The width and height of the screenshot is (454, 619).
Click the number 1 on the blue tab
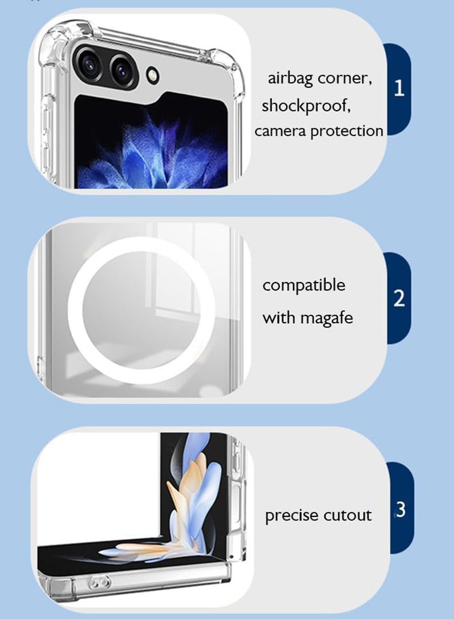tap(400, 88)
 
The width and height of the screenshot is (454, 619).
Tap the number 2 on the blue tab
tap(399, 298)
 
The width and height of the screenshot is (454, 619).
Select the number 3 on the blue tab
tap(400, 509)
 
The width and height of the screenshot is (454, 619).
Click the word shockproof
tap(306, 106)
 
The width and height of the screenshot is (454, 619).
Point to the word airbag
tap(291, 79)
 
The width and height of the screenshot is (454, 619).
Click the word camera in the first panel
tap(280, 131)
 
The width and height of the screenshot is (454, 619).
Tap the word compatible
tap(304, 285)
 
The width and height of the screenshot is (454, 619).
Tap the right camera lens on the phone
tap(122, 72)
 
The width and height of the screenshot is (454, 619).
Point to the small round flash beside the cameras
tap(152, 74)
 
